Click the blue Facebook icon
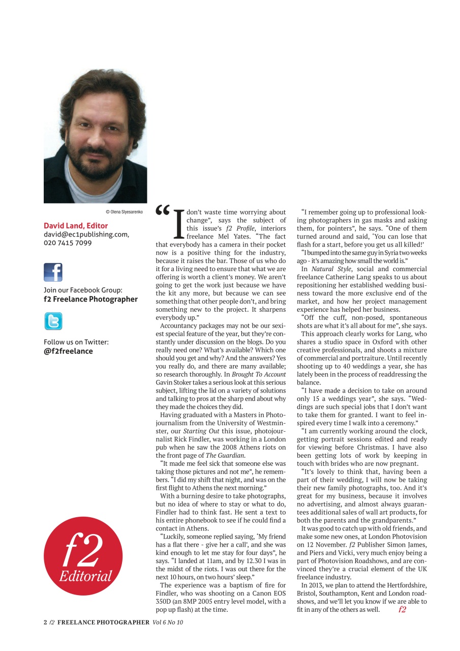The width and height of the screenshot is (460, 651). [x=53, y=272]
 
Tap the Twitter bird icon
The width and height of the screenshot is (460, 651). [x=53, y=321]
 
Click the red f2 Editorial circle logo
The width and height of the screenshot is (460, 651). [x=83, y=556]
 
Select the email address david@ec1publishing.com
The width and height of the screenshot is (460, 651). [x=86, y=234]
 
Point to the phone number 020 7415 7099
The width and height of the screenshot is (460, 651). [x=68, y=243]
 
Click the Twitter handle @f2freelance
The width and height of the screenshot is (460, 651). [x=68, y=351]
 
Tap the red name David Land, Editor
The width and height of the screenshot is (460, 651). [x=76, y=225]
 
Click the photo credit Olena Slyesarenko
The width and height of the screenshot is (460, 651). [x=124, y=211]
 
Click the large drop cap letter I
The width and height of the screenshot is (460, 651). [x=178, y=224]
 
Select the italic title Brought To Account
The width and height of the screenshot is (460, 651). [x=256, y=374]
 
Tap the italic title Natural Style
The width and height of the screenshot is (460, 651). [x=331, y=269]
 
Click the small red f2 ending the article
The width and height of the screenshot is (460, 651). [x=402, y=609]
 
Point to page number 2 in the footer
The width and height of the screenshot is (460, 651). [x=45, y=622]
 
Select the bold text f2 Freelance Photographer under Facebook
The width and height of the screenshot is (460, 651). [x=90, y=299]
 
